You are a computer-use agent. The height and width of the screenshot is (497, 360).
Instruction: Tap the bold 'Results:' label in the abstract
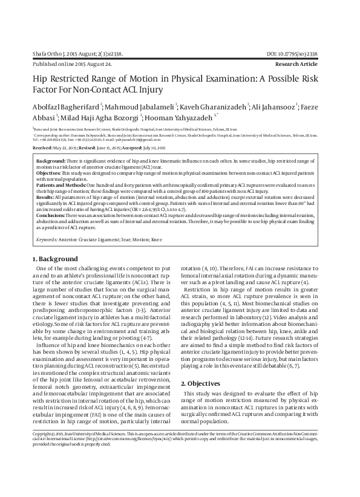click(x=45, y=205)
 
